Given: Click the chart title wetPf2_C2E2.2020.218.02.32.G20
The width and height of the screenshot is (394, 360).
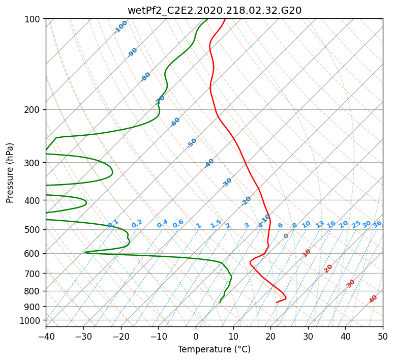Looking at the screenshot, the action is point(215,11).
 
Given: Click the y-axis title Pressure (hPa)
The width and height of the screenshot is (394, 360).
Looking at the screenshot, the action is point(9,173).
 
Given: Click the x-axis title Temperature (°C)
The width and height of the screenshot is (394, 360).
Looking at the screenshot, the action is point(215,349).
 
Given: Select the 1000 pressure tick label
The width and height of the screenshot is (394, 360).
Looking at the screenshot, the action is point(33,321).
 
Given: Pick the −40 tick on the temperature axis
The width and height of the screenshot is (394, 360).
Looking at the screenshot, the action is point(46,336).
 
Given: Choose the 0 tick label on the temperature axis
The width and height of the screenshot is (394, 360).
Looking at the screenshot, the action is point(196,336).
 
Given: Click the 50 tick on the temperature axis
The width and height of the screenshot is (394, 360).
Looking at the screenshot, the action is point(383,336).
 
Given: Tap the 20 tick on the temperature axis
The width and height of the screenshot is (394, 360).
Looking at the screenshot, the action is point(270,336).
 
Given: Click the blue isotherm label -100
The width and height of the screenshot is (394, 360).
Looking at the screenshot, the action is point(120,27).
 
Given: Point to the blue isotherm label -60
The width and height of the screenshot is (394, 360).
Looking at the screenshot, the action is point(175,122).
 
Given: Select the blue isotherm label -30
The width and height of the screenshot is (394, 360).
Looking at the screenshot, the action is point(227,183).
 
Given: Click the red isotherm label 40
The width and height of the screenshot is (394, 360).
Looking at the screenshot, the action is point(373,299).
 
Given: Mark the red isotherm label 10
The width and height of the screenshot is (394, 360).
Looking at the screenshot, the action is point(307,253).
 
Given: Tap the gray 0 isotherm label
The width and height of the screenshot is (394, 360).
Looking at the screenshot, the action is point(286,236).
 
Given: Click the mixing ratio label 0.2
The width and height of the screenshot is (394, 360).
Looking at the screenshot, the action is point(137,224).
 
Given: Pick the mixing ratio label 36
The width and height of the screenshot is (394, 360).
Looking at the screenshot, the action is point(377,224).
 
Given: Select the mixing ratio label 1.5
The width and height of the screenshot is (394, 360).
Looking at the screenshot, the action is point(216,224).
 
